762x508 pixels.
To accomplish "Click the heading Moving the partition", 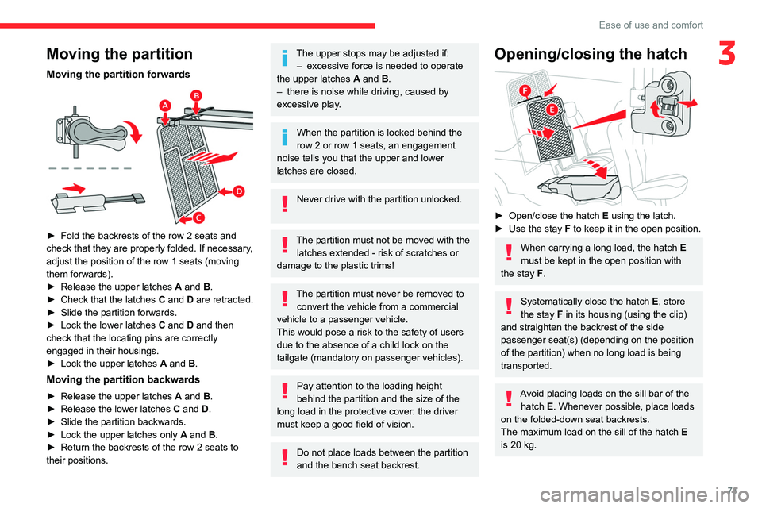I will pyautogui.click(x=119, y=54).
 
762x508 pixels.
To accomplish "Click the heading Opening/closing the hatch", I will pyautogui.click(x=591, y=54).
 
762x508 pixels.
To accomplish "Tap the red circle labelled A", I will pyautogui.click(x=165, y=106).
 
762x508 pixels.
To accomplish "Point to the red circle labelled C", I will pyautogui.click(x=198, y=217).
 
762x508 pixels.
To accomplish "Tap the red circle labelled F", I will pyautogui.click(x=525, y=92).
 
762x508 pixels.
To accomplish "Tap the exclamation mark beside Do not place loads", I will pyautogui.click(x=283, y=459).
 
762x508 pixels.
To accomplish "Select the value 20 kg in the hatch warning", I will pyautogui.click(x=523, y=444).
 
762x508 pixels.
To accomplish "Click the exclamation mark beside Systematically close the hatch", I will pyautogui.click(x=508, y=304).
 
